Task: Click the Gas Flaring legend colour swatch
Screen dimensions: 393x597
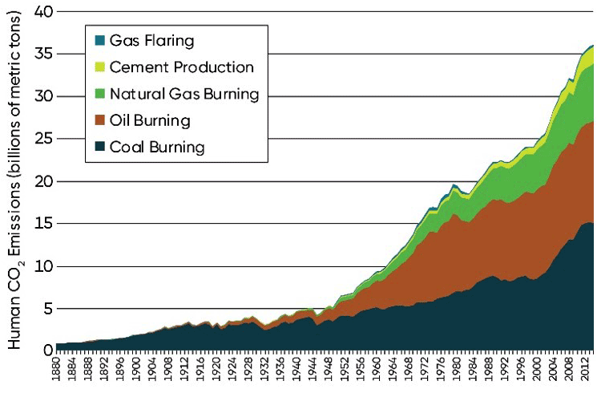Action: [x=99, y=39]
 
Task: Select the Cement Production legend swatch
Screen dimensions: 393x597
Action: [x=99, y=67]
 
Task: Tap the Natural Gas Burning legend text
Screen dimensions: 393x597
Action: [x=184, y=94]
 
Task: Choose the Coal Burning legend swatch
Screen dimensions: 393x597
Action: [x=99, y=148]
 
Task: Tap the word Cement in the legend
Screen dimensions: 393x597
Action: [x=137, y=67]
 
